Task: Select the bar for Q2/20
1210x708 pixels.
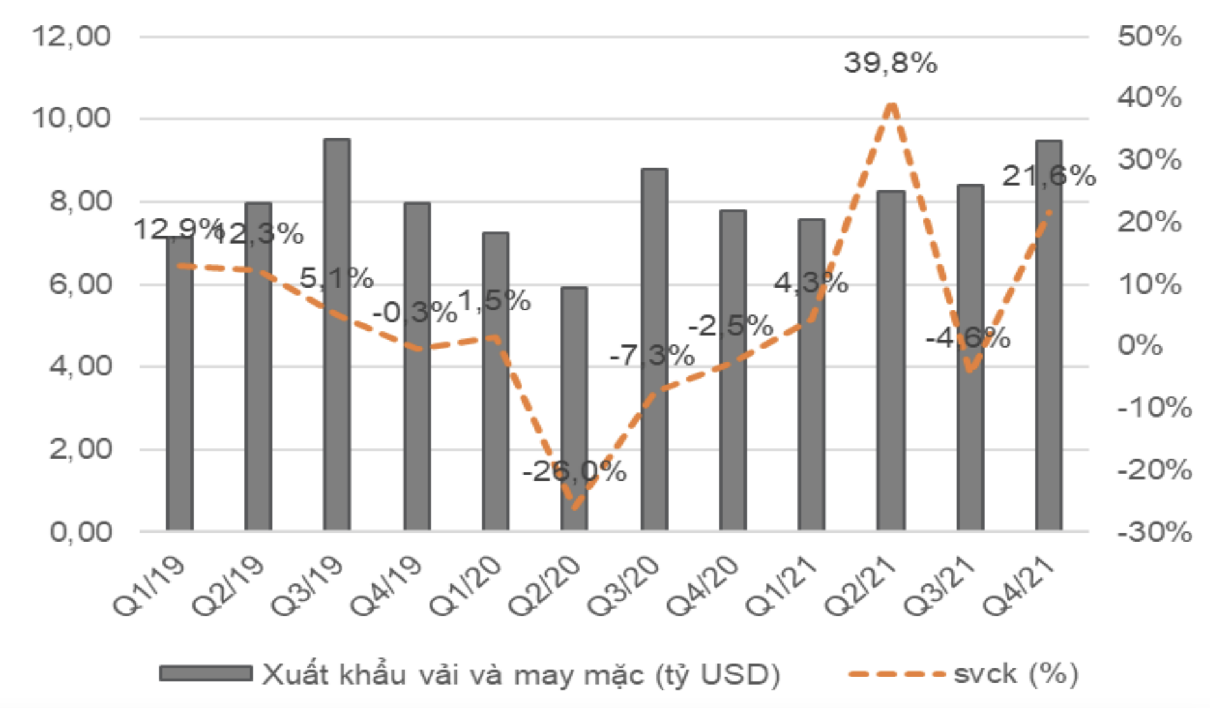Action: [x=574, y=409]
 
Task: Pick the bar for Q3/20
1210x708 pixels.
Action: [x=654, y=351]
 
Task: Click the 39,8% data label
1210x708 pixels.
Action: [x=890, y=64]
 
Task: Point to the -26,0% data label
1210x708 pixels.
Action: [x=574, y=472]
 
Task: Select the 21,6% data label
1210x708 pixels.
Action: [x=1048, y=175]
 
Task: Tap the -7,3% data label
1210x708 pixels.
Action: [x=652, y=355]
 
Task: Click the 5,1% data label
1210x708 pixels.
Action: [x=337, y=278]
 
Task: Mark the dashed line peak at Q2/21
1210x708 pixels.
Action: [x=892, y=105]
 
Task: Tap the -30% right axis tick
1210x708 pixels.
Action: [x=1154, y=532]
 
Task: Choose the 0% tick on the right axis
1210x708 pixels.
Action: [x=1140, y=345]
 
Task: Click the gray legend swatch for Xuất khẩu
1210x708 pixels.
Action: [x=206, y=674]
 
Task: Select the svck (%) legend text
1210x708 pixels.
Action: [x=1015, y=674]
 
